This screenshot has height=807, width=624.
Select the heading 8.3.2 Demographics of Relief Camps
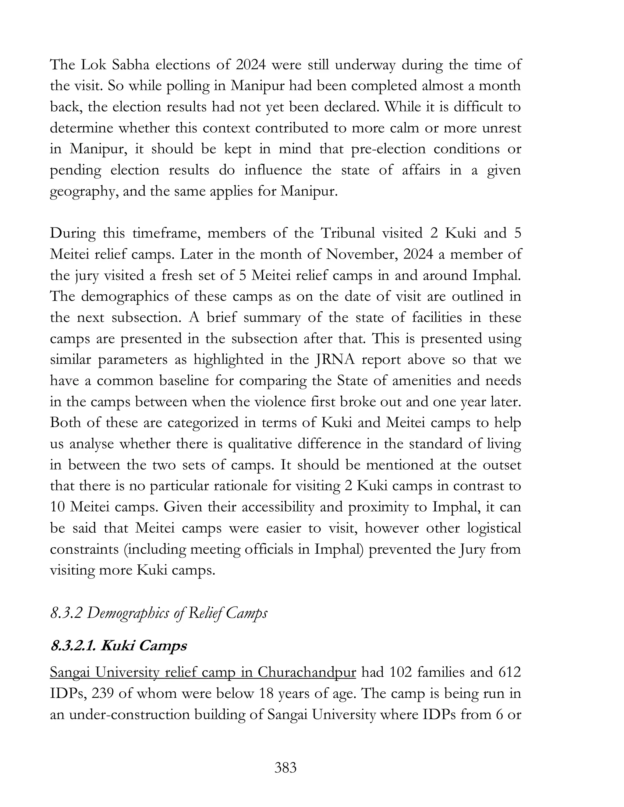(158, 613)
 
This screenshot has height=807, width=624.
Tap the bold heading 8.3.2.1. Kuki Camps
(118, 646)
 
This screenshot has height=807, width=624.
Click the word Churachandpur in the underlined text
(307, 672)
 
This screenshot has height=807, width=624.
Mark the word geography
(83, 192)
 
